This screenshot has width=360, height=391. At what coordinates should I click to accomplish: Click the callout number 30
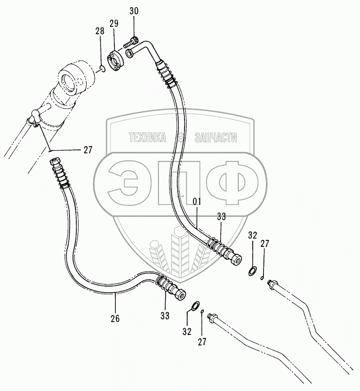[x=134, y=11]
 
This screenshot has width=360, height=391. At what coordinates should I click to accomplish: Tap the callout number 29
[x=114, y=22]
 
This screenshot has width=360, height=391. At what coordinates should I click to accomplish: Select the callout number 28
[x=99, y=31]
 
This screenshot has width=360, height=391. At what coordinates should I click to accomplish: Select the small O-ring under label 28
[x=102, y=69]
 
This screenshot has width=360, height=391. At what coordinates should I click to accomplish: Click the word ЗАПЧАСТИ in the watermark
[x=216, y=138]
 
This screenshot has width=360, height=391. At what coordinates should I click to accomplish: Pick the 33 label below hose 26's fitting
[x=165, y=316]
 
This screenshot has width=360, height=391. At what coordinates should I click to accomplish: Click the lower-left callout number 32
[x=187, y=332]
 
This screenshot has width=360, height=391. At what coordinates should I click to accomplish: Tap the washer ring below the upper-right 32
[x=253, y=271]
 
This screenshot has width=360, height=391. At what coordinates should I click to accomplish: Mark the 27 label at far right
[x=265, y=243]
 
